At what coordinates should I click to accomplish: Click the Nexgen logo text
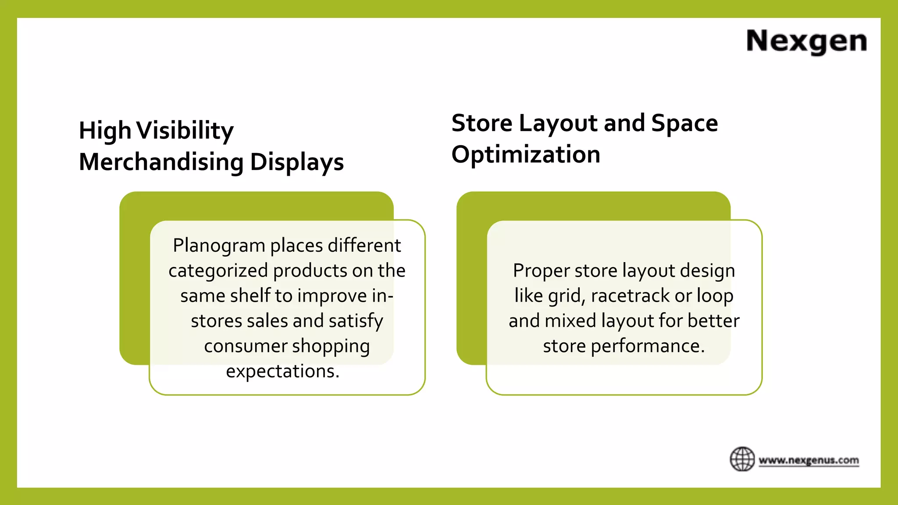pyautogui.click(x=806, y=41)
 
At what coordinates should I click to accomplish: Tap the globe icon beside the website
pyautogui.click(x=742, y=459)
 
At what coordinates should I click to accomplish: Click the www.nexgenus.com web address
pyautogui.click(x=809, y=460)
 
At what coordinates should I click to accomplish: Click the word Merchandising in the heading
pyautogui.click(x=161, y=162)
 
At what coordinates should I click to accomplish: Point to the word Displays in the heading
pyautogui.click(x=297, y=163)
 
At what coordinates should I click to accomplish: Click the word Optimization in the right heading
pyautogui.click(x=526, y=155)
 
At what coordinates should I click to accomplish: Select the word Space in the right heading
pyautogui.click(x=684, y=123)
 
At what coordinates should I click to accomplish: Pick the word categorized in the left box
pyautogui.click(x=218, y=271)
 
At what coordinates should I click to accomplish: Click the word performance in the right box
pyautogui.click(x=648, y=346)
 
